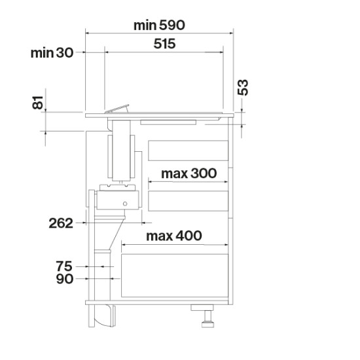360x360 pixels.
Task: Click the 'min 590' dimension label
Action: point(159,26)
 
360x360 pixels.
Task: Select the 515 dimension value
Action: point(164,44)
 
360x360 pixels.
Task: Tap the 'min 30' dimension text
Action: point(52,53)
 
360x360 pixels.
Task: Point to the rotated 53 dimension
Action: point(243,87)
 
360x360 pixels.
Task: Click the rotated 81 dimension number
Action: point(37,102)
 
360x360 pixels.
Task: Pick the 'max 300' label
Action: point(189,173)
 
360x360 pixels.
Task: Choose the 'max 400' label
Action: point(174,236)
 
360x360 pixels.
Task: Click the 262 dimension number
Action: point(61,223)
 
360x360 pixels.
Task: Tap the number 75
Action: point(64,266)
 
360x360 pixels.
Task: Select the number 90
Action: point(65,279)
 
